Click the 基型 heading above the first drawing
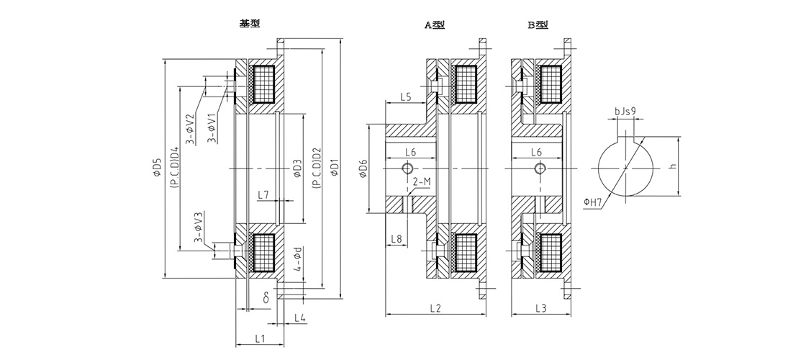click(250, 23)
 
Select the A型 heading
click(435, 25)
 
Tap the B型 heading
click(538, 24)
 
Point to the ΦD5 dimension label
click(157, 168)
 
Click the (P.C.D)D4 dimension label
click(175, 168)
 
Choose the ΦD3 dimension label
click(297, 168)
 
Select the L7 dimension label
click(263, 194)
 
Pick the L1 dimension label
click(260, 338)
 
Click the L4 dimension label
click(300, 317)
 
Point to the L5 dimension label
click(406, 97)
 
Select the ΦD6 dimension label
click(363, 168)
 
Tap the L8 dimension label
click(396, 238)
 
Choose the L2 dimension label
click(435, 308)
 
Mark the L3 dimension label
click(540, 308)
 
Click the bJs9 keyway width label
click(625, 111)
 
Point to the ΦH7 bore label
click(593, 202)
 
